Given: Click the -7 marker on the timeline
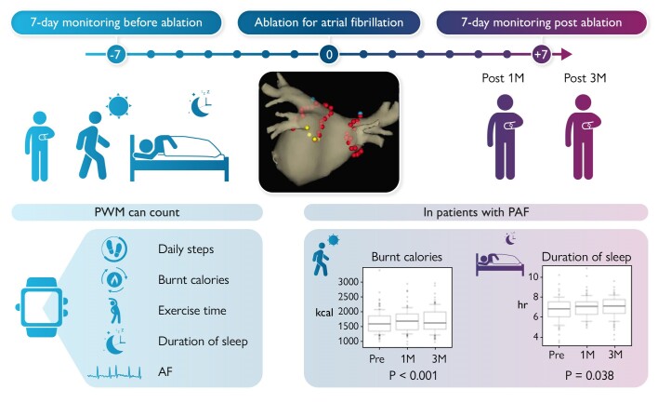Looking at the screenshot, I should click(116, 56).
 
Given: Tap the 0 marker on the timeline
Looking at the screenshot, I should click(328, 56).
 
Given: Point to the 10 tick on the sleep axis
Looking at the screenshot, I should click(533, 277).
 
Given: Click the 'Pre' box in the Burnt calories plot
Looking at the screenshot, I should click(379, 324).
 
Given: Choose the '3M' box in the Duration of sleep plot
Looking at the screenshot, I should click(613, 306).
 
